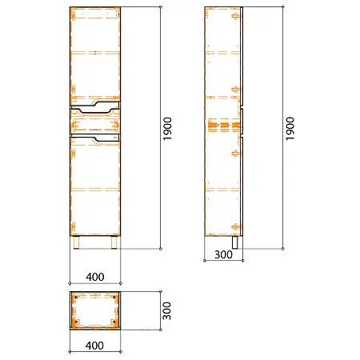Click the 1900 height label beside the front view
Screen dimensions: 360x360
167,129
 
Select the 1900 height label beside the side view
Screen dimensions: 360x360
290,129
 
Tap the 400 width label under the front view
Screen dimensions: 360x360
95,277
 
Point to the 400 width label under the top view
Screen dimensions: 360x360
94,346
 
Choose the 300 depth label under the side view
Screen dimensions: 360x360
223,254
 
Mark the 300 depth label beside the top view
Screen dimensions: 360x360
167,311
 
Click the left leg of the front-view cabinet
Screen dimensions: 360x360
77,242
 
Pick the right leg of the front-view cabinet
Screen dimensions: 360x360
114,242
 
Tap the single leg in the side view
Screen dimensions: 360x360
235,242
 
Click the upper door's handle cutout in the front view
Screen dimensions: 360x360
106,103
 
